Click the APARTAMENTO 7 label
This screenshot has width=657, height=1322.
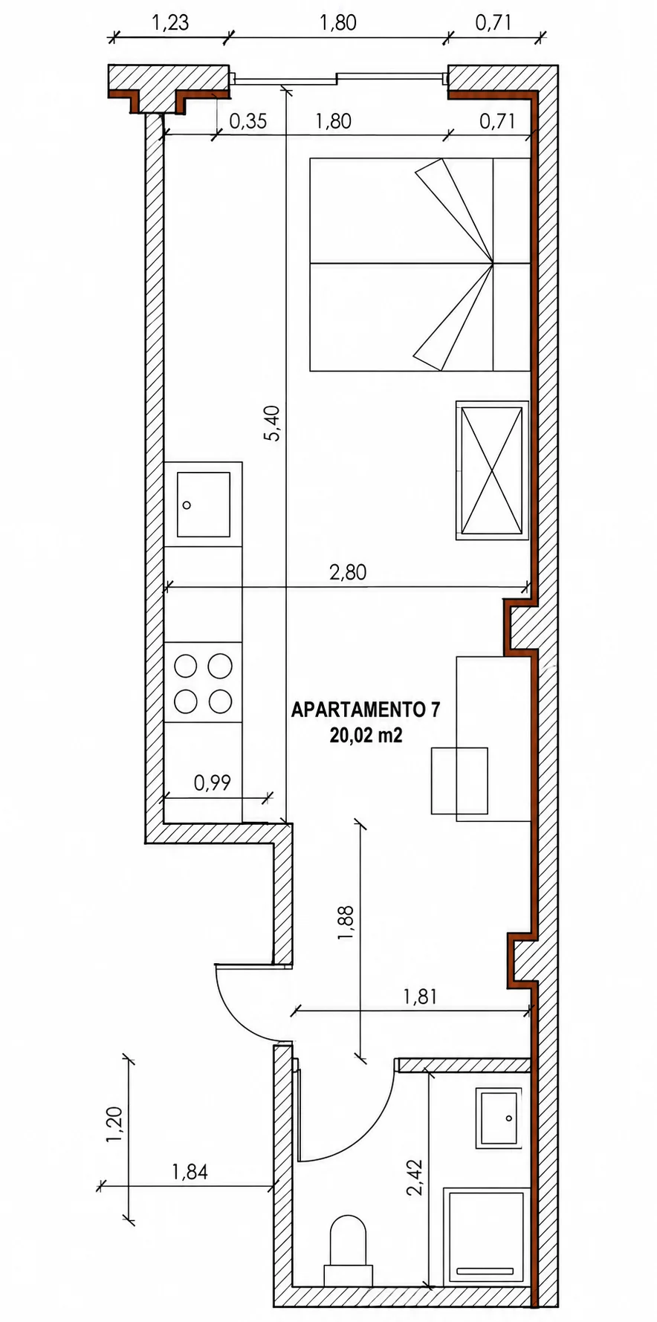coord(365,710)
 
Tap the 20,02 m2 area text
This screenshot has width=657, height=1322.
coord(366,736)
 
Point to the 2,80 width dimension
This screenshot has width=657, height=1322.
coord(348,572)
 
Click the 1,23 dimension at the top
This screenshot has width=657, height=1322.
coord(171,22)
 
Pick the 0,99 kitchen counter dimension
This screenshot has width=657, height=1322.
coord(213,782)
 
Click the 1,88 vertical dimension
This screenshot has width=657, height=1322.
coord(346,923)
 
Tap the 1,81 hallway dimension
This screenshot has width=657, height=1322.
coord(420,996)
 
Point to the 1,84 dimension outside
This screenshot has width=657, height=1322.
coord(190,1172)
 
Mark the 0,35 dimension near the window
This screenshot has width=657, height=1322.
coord(247,121)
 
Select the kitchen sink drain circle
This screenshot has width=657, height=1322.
coord(187,505)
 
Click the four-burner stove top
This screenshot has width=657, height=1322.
coord(203,682)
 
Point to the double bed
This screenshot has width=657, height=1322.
coord(420,264)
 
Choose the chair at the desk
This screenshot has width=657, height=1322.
coord(459,780)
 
